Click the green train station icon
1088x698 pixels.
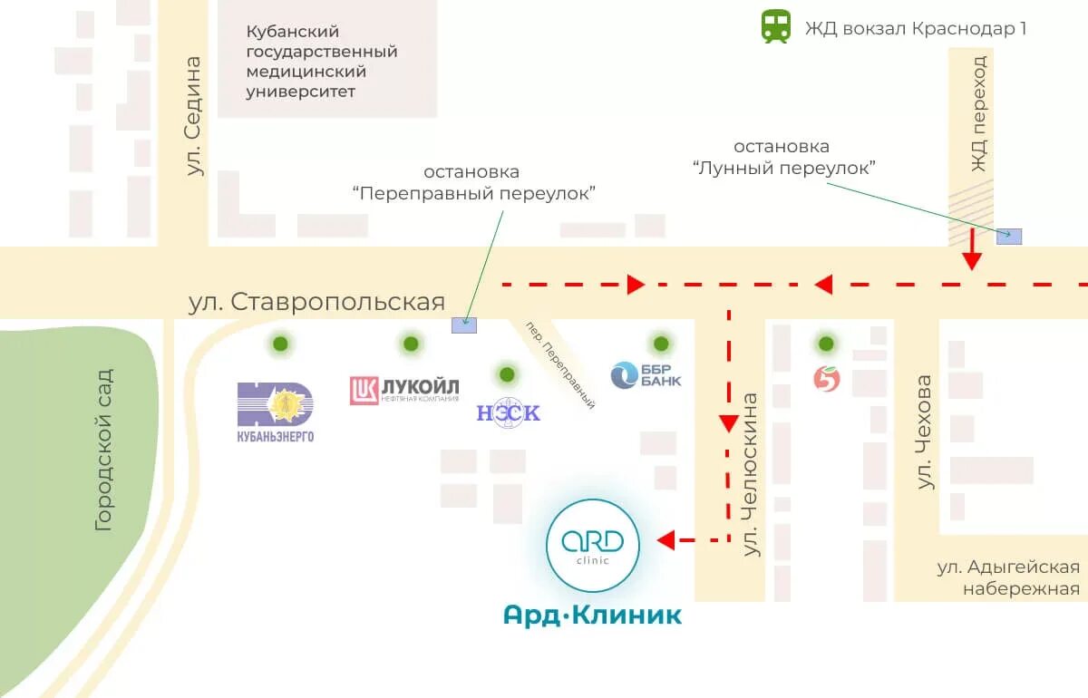coord(775,26)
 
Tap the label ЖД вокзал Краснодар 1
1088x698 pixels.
coord(916,28)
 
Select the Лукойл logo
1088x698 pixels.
coord(404,390)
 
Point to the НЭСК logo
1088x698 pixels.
coord(508,412)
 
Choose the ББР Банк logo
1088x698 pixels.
coord(646,374)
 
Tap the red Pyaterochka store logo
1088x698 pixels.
coord(826,379)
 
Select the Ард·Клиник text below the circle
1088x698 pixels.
coord(593,616)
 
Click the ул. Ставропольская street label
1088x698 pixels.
coord(316,302)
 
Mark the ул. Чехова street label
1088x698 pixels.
coord(924,432)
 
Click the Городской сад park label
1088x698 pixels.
coord(104,449)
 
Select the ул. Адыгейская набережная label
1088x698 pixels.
coord(1008,577)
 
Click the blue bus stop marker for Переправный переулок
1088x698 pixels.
coord(464,325)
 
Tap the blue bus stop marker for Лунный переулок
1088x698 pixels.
coord(1009,237)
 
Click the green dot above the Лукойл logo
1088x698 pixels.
coord(411,344)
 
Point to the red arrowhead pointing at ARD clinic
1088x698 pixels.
coord(666,540)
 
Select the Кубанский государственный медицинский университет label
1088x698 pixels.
coord(322,62)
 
